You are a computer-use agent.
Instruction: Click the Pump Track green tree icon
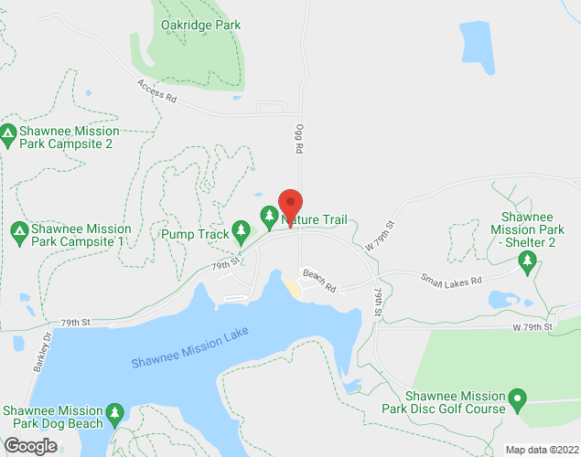(x=242, y=228)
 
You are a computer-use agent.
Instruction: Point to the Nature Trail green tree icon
(x=269, y=217)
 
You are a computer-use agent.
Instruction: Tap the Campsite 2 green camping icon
(x=8, y=136)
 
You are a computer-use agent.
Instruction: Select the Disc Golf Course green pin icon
(x=517, y=400)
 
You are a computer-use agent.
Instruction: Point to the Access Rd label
(x=156, y=92)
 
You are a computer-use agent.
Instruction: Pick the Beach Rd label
(x=319, y=282)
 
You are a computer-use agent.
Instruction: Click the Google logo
(x=29, y=446)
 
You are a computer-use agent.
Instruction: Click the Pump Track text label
(x=195, y=234)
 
